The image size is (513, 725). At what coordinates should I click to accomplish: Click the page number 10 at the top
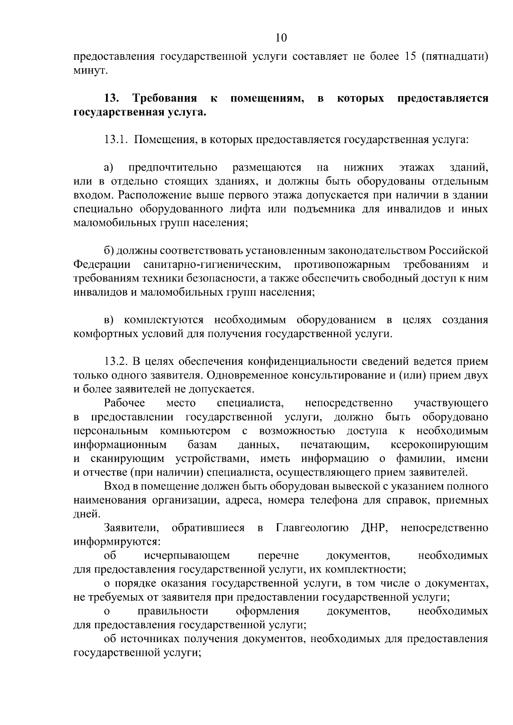click(281, 38)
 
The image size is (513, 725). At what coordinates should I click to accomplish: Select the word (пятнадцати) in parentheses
click(455, 57)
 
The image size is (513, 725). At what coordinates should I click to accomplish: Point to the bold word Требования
click(165, 99)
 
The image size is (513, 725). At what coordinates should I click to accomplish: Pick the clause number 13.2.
click(116, 361)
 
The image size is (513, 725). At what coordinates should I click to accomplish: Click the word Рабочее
click(124, 403)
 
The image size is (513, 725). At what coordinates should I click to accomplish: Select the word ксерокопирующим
click(439, 445)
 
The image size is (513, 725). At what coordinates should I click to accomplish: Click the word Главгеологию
click(313, 528)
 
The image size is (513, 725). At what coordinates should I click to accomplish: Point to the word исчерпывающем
click(187, 556)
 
